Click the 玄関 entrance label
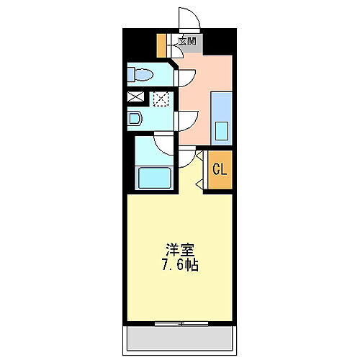(x=187, y=41)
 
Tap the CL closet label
(x=220, y=170)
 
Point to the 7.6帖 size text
(x=181, y=264)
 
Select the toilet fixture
(x=140, y=74)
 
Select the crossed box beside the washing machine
(x=136, y=96)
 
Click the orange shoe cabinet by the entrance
(x=161, y=45)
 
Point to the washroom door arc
(x=186, y=120)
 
